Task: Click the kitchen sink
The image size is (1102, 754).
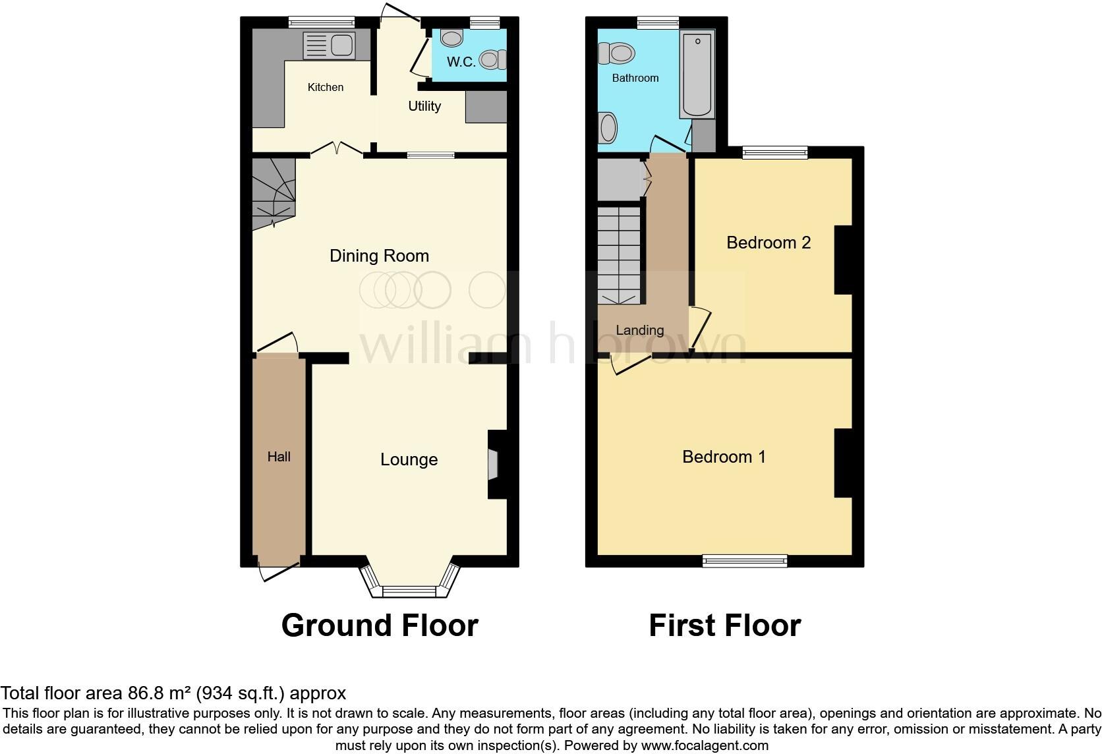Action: pos(329,45)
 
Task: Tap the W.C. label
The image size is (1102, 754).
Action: pos(461,63)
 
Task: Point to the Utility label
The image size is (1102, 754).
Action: pos(424,106)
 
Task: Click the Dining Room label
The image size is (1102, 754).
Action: pos(379,256)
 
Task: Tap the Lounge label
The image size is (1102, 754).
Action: pos(409,459)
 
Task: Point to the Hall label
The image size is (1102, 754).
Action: pos(279,457)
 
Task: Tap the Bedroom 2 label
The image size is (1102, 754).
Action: pos(768,243)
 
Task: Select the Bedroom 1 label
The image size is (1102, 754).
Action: pos(724,457)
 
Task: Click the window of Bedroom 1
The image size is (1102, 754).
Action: pos(745,561)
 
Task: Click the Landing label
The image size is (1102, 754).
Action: pos(639,330)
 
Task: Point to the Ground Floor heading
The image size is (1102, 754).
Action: pos(380,625)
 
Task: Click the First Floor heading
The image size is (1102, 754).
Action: pos(724,625)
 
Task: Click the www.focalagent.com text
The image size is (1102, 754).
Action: pos(704,746)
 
